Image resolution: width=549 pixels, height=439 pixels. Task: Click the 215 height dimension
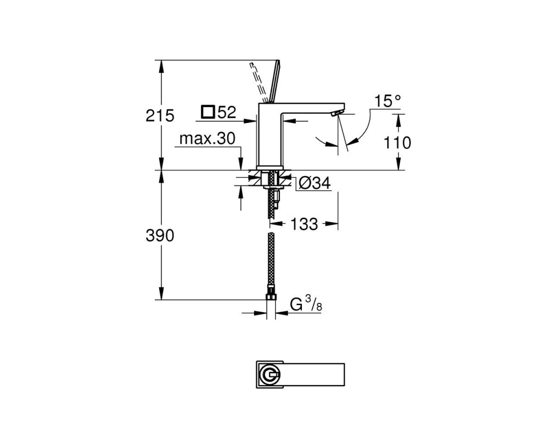click(x=160, y=116)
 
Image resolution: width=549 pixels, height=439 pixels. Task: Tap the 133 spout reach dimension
click(x=304, y=224)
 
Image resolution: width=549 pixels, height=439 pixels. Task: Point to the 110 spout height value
click(x=397, y=143)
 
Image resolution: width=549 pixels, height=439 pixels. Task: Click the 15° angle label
click(x=387, y=101)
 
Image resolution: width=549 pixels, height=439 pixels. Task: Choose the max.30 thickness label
click(x=208, y=139)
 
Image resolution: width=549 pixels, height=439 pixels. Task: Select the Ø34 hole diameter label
click(x=315, y=183)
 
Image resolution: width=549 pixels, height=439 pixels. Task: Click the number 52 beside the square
click(x=227, y=112)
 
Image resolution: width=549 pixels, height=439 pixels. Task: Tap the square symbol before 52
click(x=208, y=112)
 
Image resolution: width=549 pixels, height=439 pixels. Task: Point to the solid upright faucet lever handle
click(x=273, y=82)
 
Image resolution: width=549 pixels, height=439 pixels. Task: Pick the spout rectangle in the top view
click(x=312, y=375)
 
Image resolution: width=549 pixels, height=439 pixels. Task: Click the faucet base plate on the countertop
click(x=271, y=168)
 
